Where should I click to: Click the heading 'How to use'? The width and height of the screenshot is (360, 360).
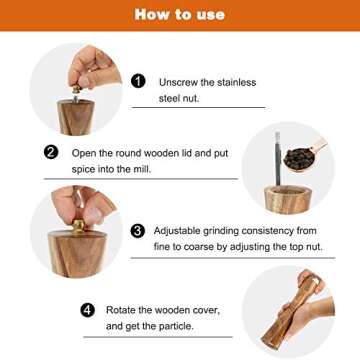180,15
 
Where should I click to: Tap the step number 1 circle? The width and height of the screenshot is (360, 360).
138,81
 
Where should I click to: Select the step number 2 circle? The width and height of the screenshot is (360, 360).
51,153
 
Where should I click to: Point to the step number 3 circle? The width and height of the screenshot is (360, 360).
138,230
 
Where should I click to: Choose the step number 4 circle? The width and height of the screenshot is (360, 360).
88,310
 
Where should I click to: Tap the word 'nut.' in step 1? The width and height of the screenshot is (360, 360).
205,98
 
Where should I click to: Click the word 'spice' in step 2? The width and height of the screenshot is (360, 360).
87,169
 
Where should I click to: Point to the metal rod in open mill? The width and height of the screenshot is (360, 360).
277,160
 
